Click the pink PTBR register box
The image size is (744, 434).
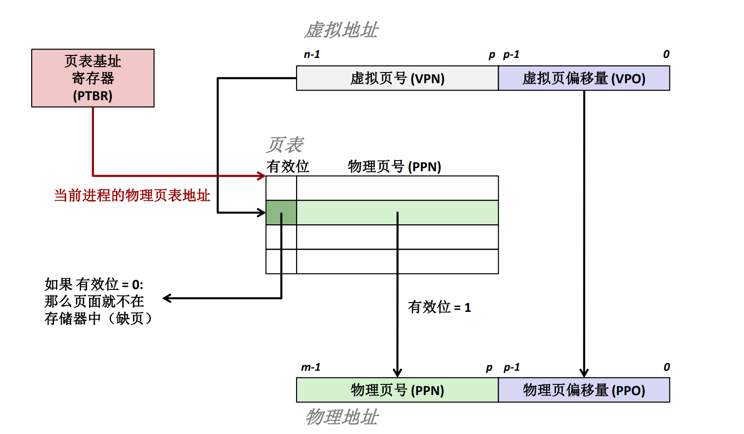(93, 78)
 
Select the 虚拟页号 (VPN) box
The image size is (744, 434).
(397, 78)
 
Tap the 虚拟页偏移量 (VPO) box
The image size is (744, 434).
(584, 78)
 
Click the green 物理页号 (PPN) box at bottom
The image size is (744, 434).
(397, 390)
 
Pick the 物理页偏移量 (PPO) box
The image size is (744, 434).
(584, 390)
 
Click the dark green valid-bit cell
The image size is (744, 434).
(281, 213)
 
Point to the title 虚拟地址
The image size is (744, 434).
(341, 30)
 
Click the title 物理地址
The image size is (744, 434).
(341, 417)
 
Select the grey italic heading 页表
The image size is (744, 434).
(285, 145)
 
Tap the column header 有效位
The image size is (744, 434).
(288, 166)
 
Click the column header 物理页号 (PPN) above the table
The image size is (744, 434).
(394, 166)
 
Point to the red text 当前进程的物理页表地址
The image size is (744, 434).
(132, 195)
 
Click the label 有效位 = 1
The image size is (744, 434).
(439, 307)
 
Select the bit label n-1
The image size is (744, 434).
(312, 54)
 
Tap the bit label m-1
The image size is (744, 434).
(311, 367)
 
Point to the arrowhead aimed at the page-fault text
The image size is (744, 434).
(167, 298)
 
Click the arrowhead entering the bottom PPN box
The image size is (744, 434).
(397, 373)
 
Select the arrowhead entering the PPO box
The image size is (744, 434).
(584, 373)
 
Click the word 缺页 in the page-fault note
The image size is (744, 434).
(129, 319)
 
